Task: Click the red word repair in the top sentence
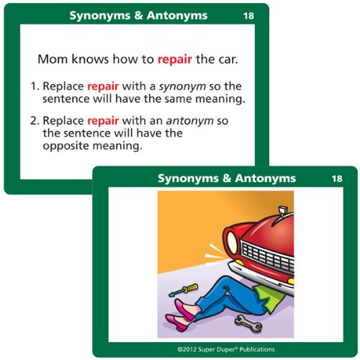175,60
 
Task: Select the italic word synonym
182,87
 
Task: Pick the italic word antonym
190,121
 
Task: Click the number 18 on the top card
248,16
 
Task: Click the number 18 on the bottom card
337,179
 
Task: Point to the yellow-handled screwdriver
184,289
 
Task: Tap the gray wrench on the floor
248,323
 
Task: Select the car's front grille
268,258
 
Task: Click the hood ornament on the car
283,210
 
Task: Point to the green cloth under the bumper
270,297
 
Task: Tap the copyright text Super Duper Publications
236,349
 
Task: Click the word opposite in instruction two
66,146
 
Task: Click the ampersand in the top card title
139,16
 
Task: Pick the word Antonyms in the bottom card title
266,179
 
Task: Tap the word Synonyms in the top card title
100,17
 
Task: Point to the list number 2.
34,121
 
